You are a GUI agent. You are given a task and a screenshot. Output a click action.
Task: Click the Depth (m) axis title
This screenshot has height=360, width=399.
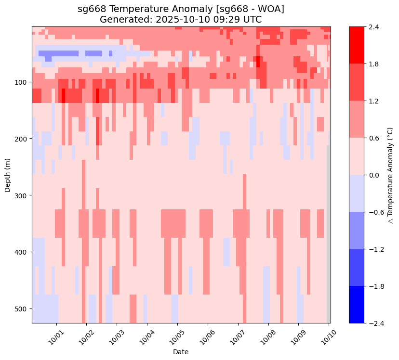coord(8,175)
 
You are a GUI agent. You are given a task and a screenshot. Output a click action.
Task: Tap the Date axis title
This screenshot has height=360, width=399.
coord(181,352)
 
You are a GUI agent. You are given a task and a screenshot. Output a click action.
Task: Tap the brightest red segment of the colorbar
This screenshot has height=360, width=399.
coord(356,45)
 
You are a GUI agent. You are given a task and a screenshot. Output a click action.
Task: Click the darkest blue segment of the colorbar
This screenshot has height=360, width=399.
coord(356,305)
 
